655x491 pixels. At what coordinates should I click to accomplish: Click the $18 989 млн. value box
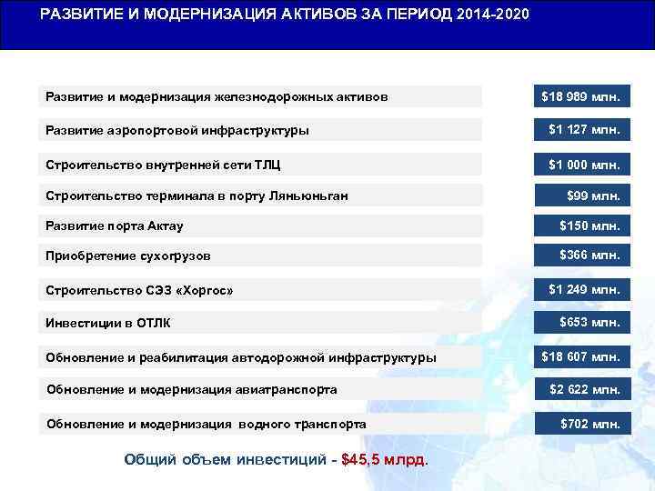tap(580, 95)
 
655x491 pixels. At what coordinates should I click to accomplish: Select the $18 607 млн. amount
tap(580, 356)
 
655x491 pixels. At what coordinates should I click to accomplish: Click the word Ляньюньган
tap(307, 196)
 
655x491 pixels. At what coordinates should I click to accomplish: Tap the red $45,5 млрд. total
tap(383, 460)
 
